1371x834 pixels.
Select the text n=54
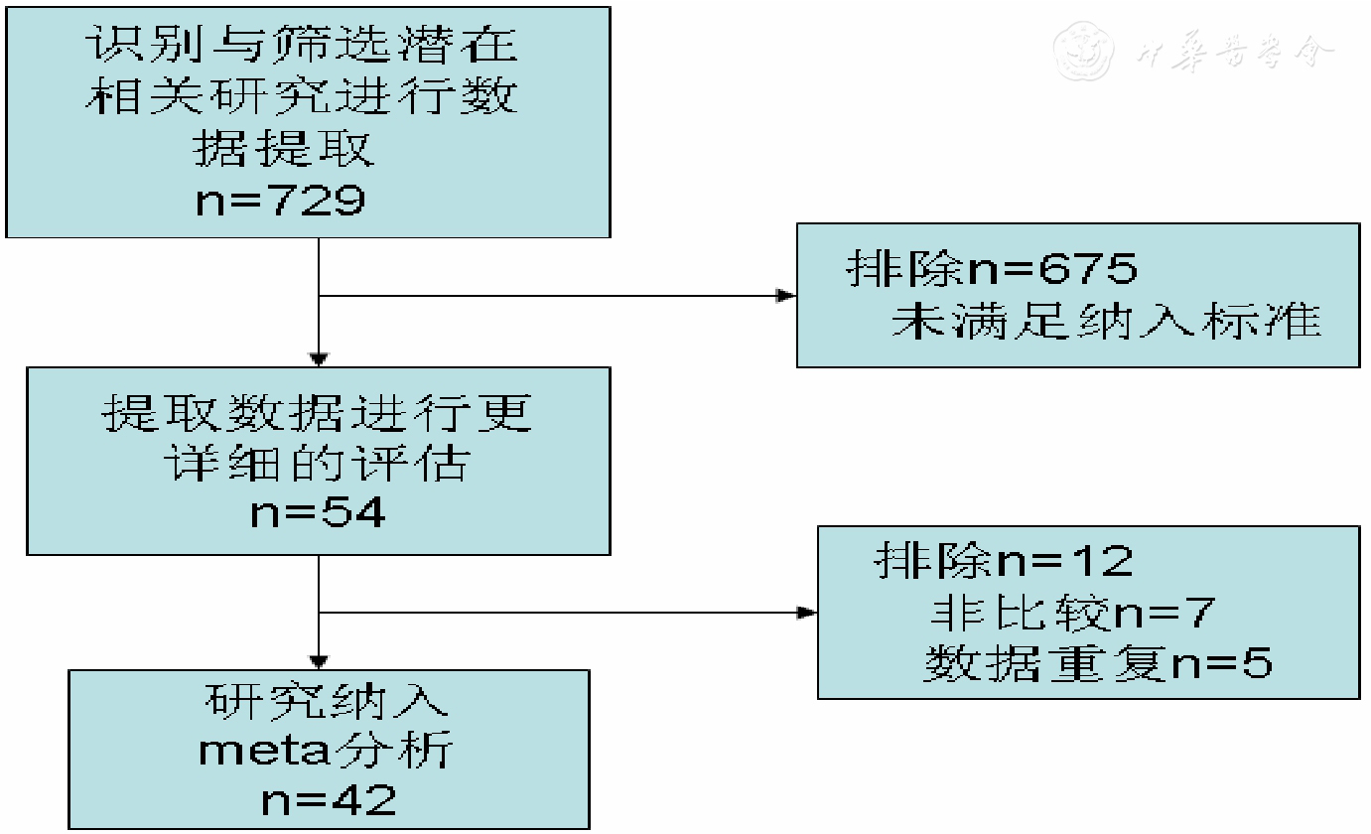(x=319, y=513)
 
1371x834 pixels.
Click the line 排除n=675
(x=992, y=269)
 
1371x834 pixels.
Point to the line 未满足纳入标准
(x=1106, y=323)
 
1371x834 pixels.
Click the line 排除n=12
(x=1004, y=561)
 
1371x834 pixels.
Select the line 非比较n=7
(x=1071, y=613)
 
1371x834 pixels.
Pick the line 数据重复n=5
(x=1097, y=664)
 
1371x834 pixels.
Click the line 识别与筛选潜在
(x=302, y=47)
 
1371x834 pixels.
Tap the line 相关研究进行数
(x=302, y=98)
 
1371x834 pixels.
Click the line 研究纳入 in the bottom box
(x=328, y=701)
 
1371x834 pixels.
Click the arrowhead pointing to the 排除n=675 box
(x=786, y=296)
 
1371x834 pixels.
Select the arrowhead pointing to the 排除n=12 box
(x=807, y=613)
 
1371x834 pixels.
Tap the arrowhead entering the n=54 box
(x=319, y=358)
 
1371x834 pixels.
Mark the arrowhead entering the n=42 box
(x=319, y=660)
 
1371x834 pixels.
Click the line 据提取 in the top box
(x=282, y=150)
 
